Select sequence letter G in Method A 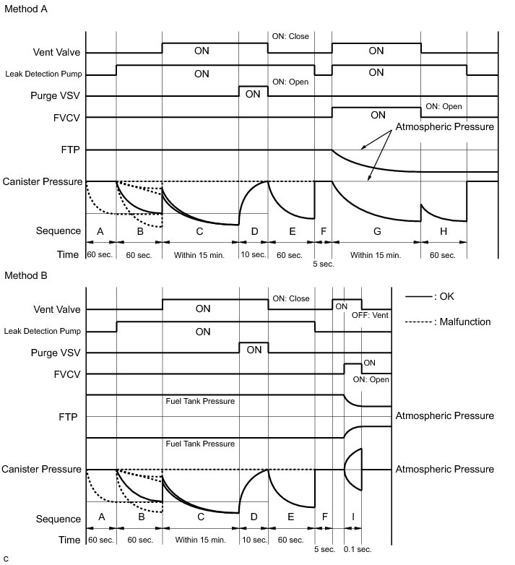[x=376, y=231]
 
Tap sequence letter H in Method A [x=443, y=231]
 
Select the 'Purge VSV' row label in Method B [x=56, y=353]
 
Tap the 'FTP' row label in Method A [x=71, y=150]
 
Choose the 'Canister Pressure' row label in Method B [x=42, y=469]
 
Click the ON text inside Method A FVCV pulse [x=377, y=115]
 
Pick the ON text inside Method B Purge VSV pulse [x=254, y=350]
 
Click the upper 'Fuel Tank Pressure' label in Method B [x=200, y=401]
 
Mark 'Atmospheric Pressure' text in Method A [x=443, y=127]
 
